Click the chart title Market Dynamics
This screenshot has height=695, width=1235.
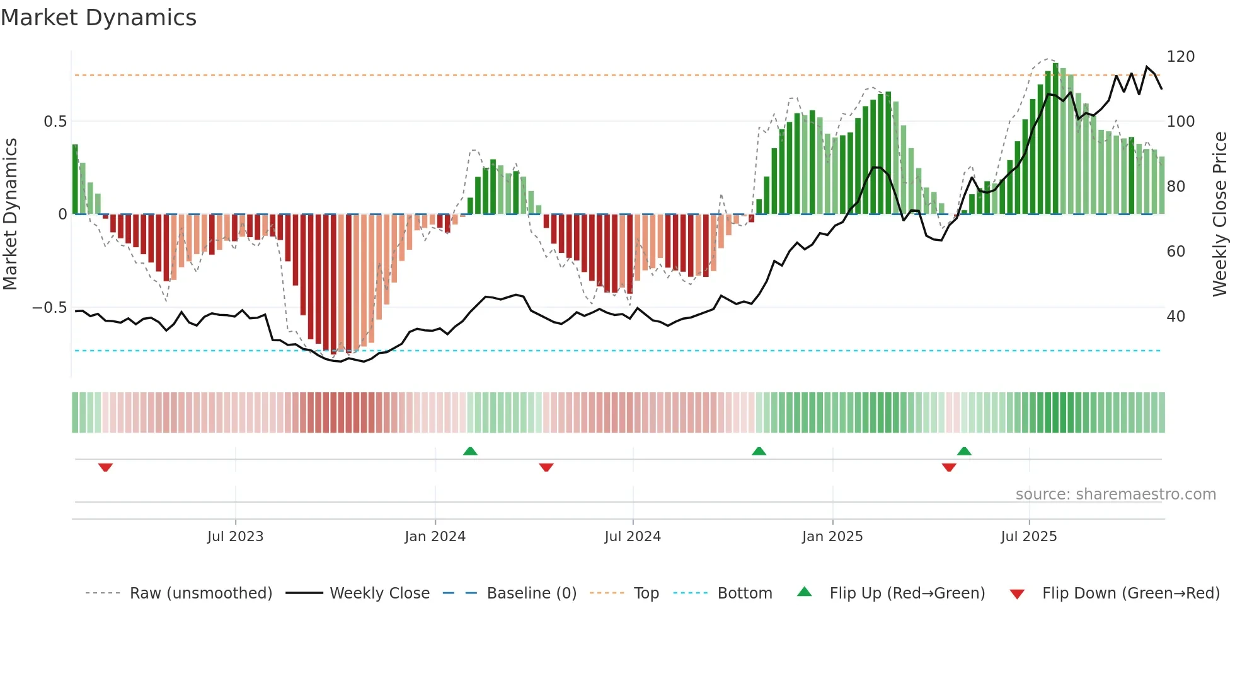click(x=99, y=18)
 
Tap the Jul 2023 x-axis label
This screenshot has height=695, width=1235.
click(x=235, y=537)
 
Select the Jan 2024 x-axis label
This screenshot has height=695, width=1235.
click(x=435, y=537)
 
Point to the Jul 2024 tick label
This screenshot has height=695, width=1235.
click(x=633, y=537)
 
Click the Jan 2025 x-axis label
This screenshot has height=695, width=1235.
click(x=832, y=537)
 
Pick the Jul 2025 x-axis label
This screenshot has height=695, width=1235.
click(x=1029, y=537)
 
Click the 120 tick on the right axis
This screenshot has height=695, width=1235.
click(x=1180, y=57)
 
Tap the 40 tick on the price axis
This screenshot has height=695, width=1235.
click(x=1176, y=317)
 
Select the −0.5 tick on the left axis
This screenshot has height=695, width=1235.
click(x=50, y=308)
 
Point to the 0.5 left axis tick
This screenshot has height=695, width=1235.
click(x=55, y=122)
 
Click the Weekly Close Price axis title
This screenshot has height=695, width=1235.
click(x=1220, y=214)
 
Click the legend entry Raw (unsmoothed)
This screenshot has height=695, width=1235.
click(x=200, y=593)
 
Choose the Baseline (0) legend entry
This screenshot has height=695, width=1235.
click(x=531, y=593)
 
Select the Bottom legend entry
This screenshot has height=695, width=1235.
click(x=744, y=593)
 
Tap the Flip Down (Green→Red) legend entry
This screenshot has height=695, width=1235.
click(x=1130, y=593)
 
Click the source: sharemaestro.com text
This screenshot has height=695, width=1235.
click(x=1115, y=494)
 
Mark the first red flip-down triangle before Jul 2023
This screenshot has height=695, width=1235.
click(x=105, y=467)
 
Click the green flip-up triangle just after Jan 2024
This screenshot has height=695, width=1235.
click(x=470, y=451)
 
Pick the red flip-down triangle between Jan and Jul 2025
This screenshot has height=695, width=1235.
click(x=949, y=467)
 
